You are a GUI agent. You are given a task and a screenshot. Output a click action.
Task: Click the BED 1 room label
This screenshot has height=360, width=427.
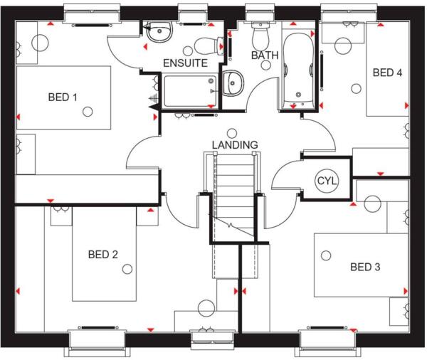(63, 97)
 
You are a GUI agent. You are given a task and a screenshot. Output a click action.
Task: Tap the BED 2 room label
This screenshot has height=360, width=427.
(103, 254)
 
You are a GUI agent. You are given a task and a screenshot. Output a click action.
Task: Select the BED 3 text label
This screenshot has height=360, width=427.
(365, 267)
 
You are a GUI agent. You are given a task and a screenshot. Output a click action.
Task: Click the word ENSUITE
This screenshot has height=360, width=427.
(185, 63)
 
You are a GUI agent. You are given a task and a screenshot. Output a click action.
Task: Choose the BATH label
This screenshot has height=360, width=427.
(264, 55)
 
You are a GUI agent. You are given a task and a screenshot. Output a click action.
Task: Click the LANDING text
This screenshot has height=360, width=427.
(234, 144)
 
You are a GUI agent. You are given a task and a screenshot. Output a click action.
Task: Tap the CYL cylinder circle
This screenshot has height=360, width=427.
(326, 181)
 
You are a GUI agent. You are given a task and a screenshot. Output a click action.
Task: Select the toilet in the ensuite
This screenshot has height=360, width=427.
(207, 46)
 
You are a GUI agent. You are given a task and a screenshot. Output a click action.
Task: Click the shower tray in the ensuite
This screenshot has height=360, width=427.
(189, 90)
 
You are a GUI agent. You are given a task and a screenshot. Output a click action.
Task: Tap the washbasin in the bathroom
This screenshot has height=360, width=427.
(233, 83)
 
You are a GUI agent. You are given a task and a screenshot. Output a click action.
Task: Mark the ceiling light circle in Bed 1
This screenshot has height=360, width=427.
(88, 111)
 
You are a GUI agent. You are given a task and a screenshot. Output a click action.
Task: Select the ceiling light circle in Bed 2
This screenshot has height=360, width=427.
(127, 268)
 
